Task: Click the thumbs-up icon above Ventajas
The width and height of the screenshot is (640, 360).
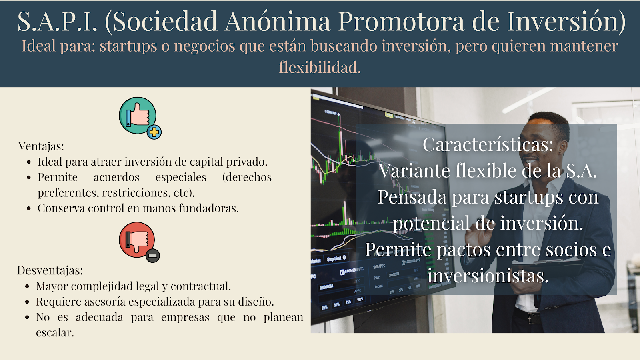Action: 138,116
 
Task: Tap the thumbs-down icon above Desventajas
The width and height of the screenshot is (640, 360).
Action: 137,240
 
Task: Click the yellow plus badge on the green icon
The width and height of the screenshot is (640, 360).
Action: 154,132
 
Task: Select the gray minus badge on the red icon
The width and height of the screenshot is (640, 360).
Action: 153,256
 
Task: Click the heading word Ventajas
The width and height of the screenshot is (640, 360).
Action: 41,146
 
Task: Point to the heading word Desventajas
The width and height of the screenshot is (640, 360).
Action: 50,270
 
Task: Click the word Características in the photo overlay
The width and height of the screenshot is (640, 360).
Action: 488,144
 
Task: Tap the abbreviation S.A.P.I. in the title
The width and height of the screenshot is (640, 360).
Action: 58,21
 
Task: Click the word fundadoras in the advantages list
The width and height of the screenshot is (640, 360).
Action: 209,208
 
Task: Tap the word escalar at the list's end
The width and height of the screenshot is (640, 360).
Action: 55,332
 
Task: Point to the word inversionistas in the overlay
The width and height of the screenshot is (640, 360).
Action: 488,276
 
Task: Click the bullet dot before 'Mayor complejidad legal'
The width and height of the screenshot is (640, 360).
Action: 27,286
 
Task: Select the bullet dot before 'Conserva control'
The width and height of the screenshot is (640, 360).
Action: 28,208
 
